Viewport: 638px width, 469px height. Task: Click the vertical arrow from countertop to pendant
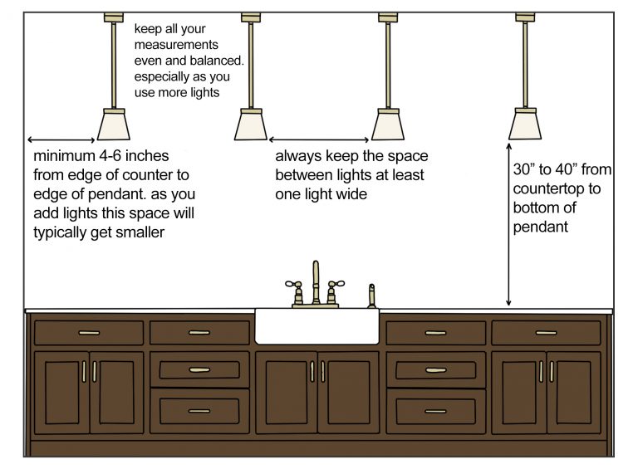click(508, 224)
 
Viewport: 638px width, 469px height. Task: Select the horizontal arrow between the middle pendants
click(319, 139)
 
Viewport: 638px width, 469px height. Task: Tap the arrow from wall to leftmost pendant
click(62, 139)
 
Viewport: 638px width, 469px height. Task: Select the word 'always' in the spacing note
click(297, 156)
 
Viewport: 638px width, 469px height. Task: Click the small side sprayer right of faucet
click(371, 295)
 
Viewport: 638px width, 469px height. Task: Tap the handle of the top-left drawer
click(88, 333)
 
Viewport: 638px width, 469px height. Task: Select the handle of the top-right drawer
click(546, 333)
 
